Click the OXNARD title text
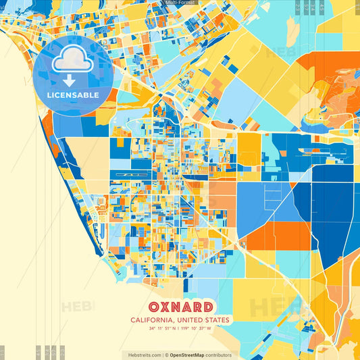coord(180,305)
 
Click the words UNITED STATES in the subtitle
coord(204,320)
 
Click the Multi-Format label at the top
coord(180,3)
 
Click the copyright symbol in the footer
coord(166,355)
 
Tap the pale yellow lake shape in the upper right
coord(292,30)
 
